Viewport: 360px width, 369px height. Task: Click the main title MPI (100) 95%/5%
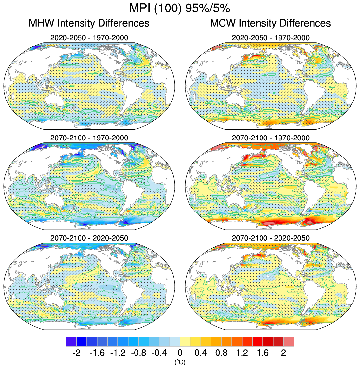click(x=180, y=8)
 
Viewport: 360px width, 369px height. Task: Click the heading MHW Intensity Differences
click(x=89, y=23)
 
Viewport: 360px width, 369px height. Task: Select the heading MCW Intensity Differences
click(x=270, y=23)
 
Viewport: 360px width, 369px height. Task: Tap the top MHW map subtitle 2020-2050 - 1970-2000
click(x=89, y=38)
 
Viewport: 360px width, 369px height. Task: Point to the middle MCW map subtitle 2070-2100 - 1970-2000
click(x=270, y=138)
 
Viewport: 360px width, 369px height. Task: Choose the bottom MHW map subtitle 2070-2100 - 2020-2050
click(x=89, y=238)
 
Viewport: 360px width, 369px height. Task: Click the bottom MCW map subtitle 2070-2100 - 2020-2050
click(x=270, y=238)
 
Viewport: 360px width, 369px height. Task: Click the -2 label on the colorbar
click(x=76, y=353)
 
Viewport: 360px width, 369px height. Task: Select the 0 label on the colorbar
click(x=180, y=353)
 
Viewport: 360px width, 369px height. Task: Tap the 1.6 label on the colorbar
click(x=263, y=353)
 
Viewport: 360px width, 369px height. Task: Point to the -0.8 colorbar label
click(x=138, y=353)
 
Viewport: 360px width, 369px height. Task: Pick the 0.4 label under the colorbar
click(x=201, y=353)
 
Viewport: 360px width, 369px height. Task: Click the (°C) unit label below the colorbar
click(x=180, y=362)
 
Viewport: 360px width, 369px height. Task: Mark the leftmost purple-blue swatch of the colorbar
click(x=71, y=341)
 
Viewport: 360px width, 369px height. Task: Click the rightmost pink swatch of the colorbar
click(x=289, y=341)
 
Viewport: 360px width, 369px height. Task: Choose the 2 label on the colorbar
click(x=283, y=353)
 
